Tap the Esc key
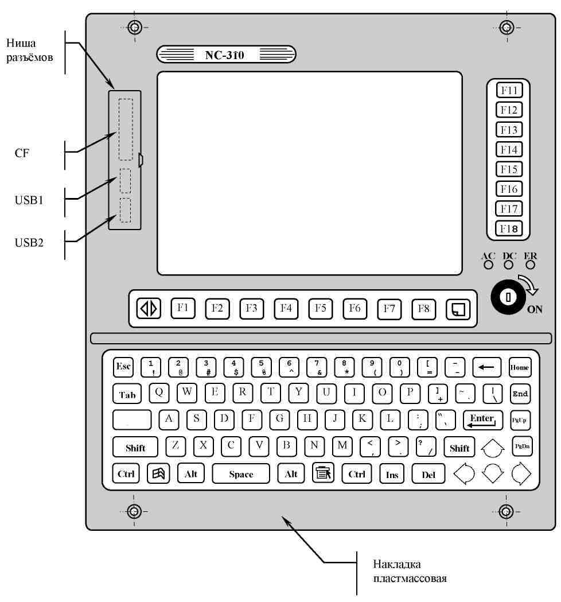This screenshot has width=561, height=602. coord(123,366)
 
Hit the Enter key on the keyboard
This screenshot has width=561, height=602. coord(482,420)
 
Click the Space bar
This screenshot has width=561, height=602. coord(241,474)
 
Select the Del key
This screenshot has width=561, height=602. coord(428,475)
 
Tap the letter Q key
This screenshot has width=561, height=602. coord(159,393)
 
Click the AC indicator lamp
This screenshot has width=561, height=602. coord(488,265)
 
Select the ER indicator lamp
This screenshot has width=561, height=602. coord(529,265)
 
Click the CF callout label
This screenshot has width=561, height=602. coord(22,154)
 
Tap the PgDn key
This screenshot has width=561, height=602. coord(521,446)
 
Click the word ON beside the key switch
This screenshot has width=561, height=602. coord(535,310)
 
